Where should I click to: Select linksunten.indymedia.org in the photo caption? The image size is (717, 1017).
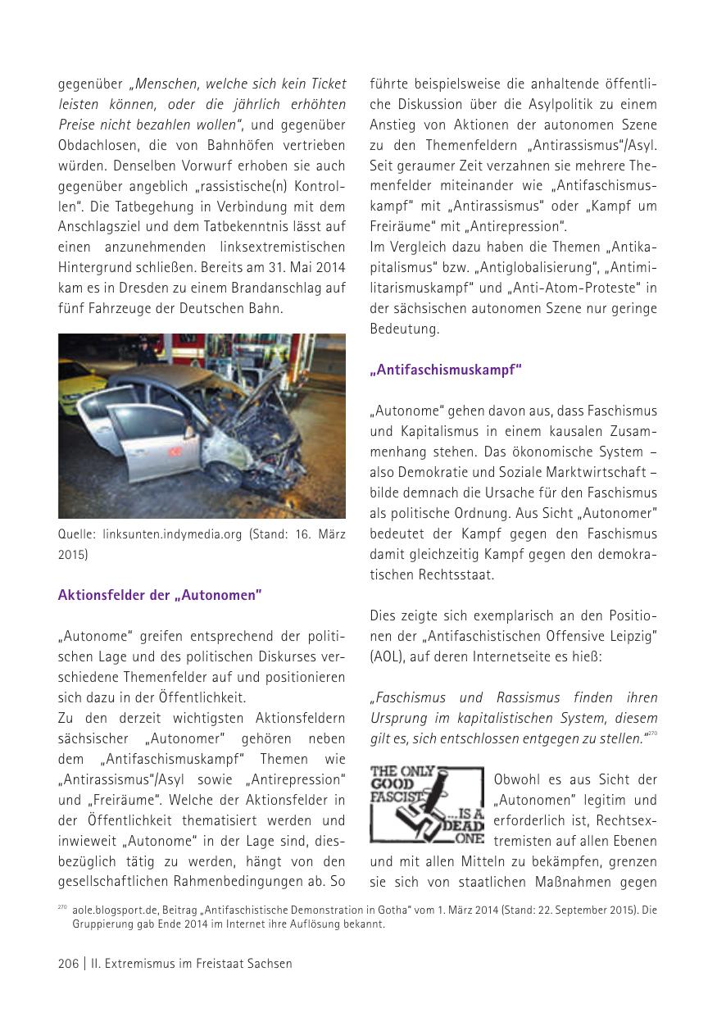click(172, 534)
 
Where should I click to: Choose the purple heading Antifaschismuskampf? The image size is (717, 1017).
click(446, 370)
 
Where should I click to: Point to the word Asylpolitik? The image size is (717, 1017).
click(552, 104)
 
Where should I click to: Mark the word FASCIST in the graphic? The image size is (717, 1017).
click(396, 796)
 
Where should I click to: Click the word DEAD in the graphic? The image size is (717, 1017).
click(470, 826)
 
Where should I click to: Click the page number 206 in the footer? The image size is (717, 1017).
click(68, 963)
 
